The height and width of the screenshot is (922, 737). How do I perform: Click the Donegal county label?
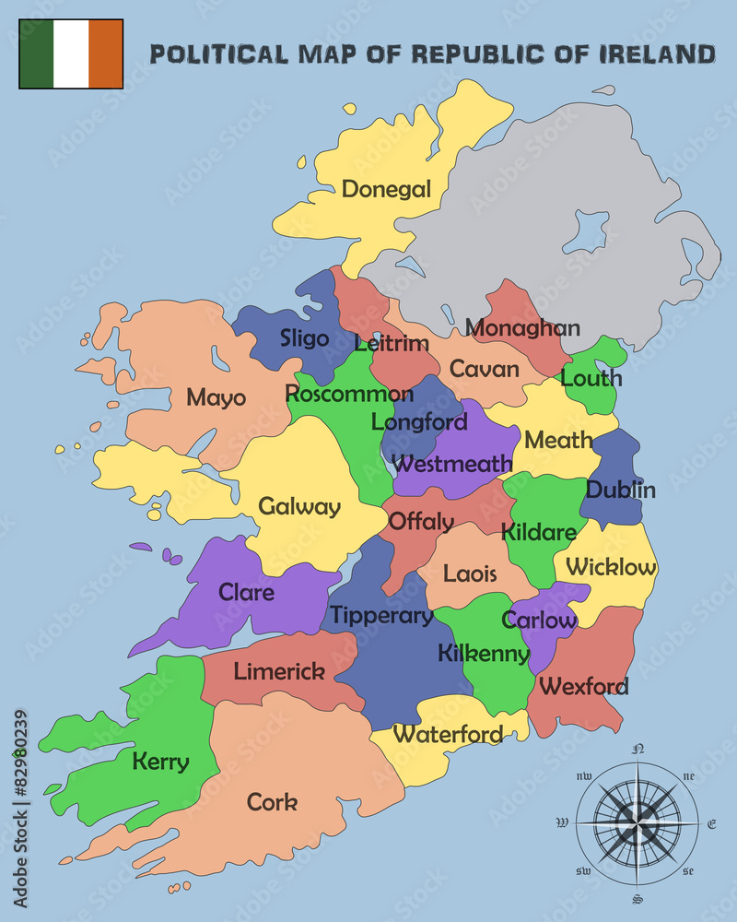pos(386,190)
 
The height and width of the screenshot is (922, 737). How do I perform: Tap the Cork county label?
pos(272,802)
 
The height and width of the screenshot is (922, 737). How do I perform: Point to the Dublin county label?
pos(621,490)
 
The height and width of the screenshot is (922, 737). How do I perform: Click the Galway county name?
pos(299,507)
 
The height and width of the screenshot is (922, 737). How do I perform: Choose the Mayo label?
pos(216,397)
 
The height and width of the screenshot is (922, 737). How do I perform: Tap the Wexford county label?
pos(584,686)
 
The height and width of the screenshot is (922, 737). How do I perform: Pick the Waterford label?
pos(448,734)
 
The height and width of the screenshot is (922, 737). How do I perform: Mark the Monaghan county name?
pos(522,327)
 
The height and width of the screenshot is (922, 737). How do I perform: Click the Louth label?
pos(591,378)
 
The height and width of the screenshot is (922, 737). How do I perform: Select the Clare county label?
pos(246,592)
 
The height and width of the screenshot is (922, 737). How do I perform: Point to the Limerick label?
pos(279,671)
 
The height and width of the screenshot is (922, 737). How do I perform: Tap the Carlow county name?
pos(539,621)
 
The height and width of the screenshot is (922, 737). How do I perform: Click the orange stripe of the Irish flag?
pos(106,53)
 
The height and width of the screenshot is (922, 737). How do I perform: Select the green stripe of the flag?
pos(36,53)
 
